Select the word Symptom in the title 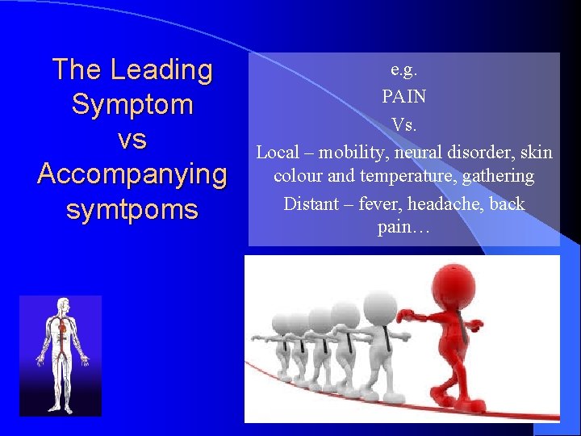point(132,104)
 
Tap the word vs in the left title point(132,140)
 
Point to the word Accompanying point(132,174)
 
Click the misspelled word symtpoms point(132,210)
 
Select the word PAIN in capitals point(403,97)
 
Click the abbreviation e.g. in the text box point(403,69)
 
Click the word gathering point(501,175)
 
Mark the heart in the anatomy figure point(63,330)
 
